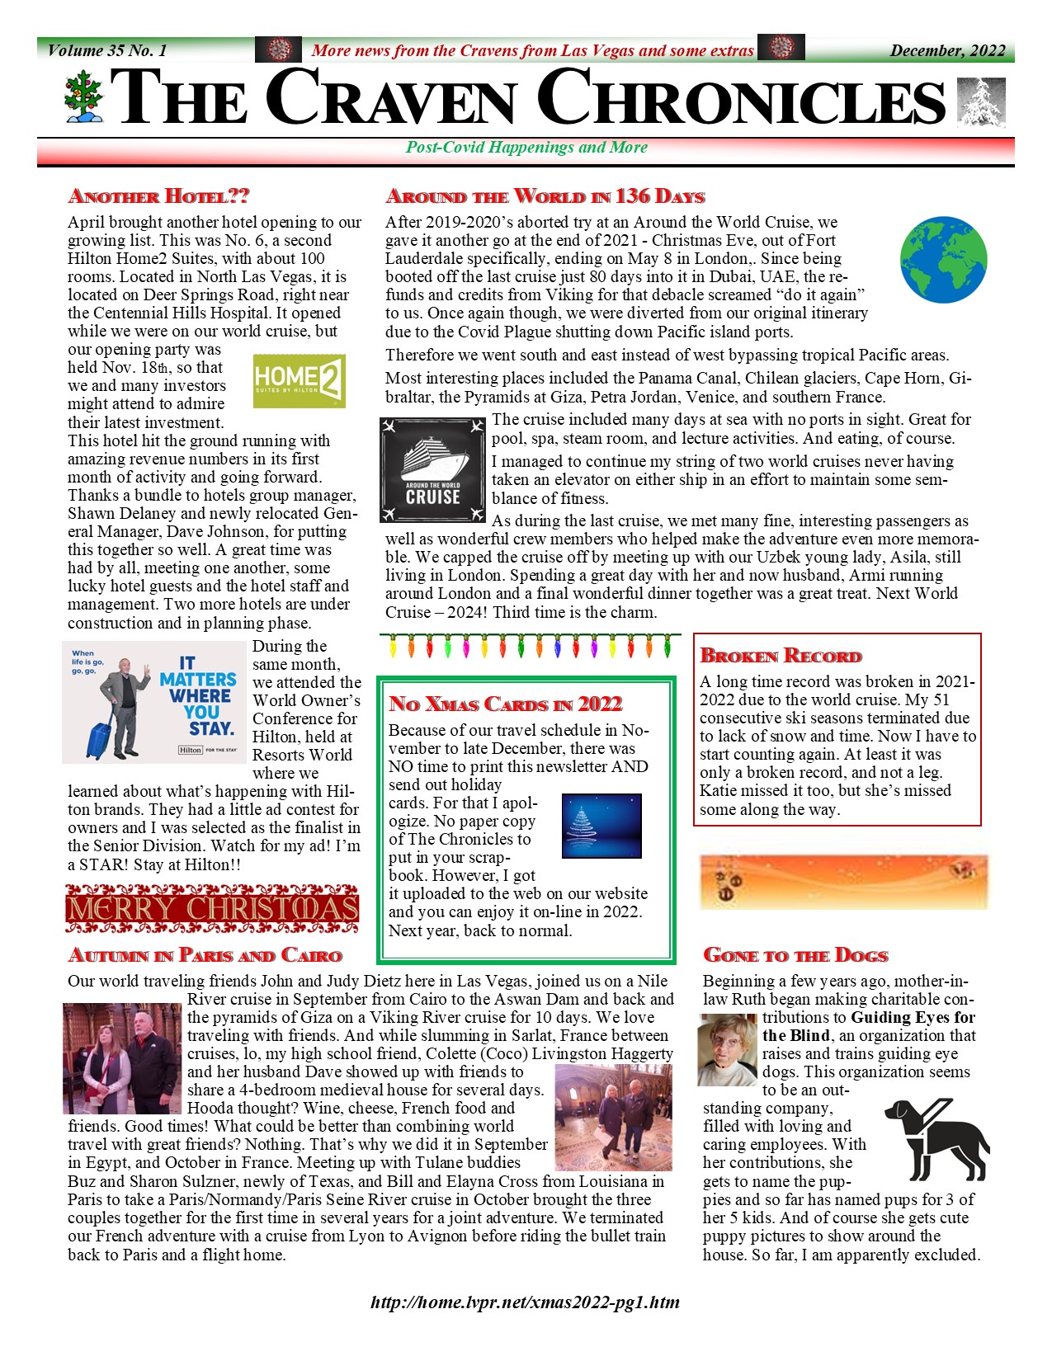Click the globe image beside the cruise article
click(943, 260)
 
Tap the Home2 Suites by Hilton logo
click(299, 381)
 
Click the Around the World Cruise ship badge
click(432, 470)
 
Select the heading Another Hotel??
click(158, 196)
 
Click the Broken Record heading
click(781, 657)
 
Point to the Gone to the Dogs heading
click(795, 955)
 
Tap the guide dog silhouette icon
click(938, 1138)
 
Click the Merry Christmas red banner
click(211, 908)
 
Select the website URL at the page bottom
click(526, 1303)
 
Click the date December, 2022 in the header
click(947, 50)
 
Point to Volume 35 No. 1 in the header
click(107, 50)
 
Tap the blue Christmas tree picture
click(601, 826)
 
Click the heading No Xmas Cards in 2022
click(505, 704)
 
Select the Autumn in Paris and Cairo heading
click(205, 955)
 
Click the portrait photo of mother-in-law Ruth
click(727, 1049)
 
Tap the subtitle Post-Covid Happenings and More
click(526, 148)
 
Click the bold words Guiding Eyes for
click(913, 1017)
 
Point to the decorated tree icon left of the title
click(84, 97)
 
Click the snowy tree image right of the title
click(981, 102)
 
